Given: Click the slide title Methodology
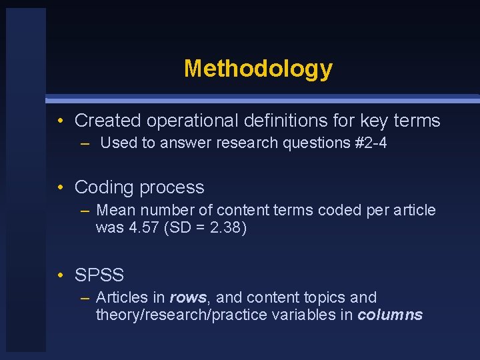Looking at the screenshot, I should point(258,68).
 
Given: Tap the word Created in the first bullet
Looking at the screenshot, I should point(108,121).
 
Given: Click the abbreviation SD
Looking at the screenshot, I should point(181,228).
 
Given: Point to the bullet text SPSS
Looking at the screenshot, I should point(99,275).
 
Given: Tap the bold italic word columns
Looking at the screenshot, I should point(390,315).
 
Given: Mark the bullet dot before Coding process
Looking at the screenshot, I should point(61,188).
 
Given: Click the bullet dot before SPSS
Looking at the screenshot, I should point(61,275).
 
